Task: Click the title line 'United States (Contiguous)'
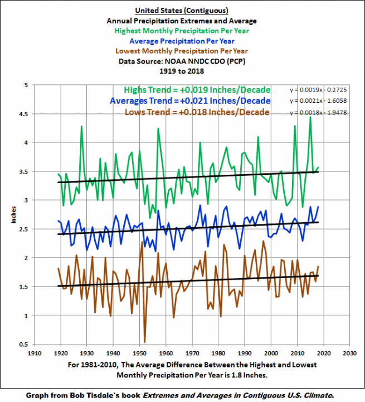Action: click(x=183, y=10)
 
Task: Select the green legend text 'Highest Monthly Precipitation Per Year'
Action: click(x=183, y=30)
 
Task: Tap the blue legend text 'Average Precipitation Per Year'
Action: click(x=183, y=41)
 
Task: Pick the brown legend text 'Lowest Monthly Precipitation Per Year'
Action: click(x=183, y=51)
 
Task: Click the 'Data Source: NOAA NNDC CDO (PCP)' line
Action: click(x=183, y=61)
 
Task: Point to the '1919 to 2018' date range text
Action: click(x=183, y=71)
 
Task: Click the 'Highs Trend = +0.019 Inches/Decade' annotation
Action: click(x=197, y=90)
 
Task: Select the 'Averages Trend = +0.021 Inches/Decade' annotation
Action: click(x=190, y=101)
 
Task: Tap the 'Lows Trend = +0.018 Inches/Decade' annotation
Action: click(x=197, y=112)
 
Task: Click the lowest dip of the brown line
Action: click(x=144, y=342)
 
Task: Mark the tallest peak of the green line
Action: click(x=310, y=117)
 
